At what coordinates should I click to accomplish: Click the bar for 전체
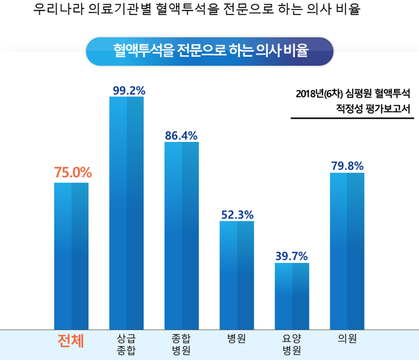click(71, 255)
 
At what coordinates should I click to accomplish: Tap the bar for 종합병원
click(182, 235)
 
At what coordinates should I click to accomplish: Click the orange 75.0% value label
click(73, 172)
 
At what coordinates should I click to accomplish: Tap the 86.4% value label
click(182, 134)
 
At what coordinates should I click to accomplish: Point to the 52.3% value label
click(237, 214)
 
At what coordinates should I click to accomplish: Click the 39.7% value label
click(292, 256)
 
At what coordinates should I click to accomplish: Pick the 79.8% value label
click(347, 165)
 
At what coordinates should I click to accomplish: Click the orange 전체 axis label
click(71, 342)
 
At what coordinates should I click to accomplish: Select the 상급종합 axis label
click(126, 343)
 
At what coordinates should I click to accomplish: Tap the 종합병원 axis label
click(182, 343)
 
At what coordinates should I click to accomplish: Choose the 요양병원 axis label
click(292, 343)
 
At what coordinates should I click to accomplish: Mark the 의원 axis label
click(347, 338)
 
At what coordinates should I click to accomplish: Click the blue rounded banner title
click(209, 51)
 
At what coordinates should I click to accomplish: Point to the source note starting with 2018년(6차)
click(352, 102)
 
